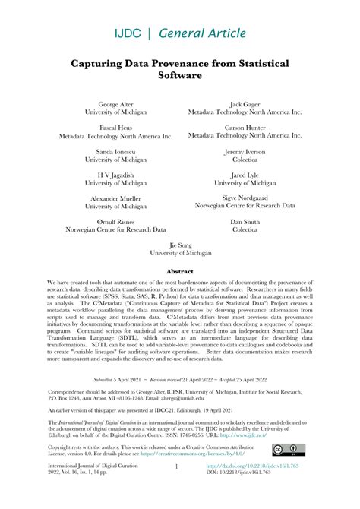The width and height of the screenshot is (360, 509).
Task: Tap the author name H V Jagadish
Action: (x=115, y=174)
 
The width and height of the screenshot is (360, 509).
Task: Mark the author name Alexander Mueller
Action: (x=115, y=197)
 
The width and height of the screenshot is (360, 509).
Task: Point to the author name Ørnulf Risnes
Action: (x=115, y=220)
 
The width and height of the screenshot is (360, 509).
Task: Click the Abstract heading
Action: (x=180, y=270)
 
